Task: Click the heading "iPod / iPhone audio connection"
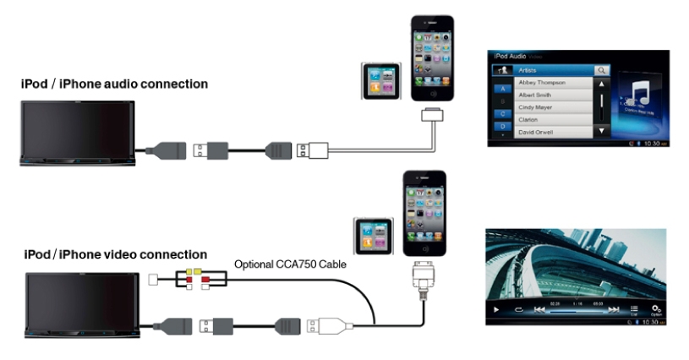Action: [114, 85]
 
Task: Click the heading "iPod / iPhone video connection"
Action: [114, 254]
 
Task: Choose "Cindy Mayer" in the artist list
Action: [544, 108]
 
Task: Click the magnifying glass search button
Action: [601, 71]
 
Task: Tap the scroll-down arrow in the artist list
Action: [602, 131]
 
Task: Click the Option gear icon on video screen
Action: [656, 310]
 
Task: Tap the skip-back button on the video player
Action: [539, 310]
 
